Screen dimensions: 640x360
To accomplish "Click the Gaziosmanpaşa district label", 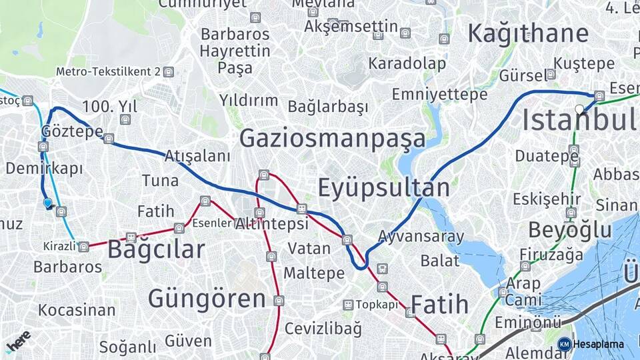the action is (332, 139).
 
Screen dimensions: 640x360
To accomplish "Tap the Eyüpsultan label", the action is (383, 189).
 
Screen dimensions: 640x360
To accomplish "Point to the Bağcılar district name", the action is (155, 250).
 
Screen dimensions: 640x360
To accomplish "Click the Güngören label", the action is (207, 298).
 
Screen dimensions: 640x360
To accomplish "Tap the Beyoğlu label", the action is (569, 230).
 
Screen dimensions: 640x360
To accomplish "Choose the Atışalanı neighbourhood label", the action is (197, 156).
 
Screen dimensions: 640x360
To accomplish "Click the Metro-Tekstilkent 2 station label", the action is (108, 71).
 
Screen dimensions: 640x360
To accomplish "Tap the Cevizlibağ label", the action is (323, 328).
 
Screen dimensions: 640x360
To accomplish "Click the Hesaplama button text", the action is (599, 344).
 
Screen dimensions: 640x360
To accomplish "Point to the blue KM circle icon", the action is (564, 344).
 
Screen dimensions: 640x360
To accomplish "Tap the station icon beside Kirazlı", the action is (83, 247).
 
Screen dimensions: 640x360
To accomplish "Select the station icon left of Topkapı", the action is (347, 305).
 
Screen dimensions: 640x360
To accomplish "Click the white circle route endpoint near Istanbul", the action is (579, 109).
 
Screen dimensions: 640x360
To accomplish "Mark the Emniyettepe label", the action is (439, 95).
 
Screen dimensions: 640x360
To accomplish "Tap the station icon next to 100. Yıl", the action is (125, 119).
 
